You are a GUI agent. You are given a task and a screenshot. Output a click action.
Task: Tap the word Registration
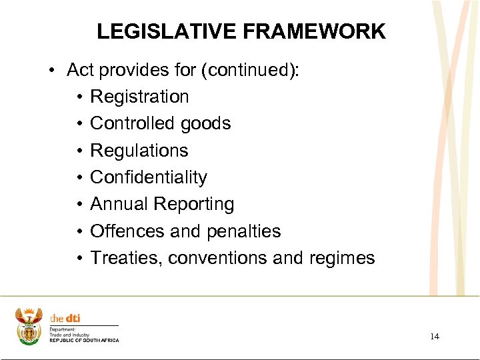[x=139, y=97]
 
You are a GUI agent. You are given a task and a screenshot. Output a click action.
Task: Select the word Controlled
[x=131, y=123]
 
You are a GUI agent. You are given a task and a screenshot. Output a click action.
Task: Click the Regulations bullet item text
[x=139, y=151]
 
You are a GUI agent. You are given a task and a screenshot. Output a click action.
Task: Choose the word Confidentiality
[x=148, y=177]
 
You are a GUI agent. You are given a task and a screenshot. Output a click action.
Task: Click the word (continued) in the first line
[x=251, y=70]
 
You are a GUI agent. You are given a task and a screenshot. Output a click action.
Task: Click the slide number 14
[x=434, y=337]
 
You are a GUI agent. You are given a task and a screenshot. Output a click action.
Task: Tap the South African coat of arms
[x=28, y=326]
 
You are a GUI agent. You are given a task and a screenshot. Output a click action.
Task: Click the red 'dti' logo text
[x=72, y=319]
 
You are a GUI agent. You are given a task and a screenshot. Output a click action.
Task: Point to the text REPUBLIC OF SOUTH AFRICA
[x=84, y=341]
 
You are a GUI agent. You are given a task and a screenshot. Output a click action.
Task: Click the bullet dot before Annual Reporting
[x=79, y=205]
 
